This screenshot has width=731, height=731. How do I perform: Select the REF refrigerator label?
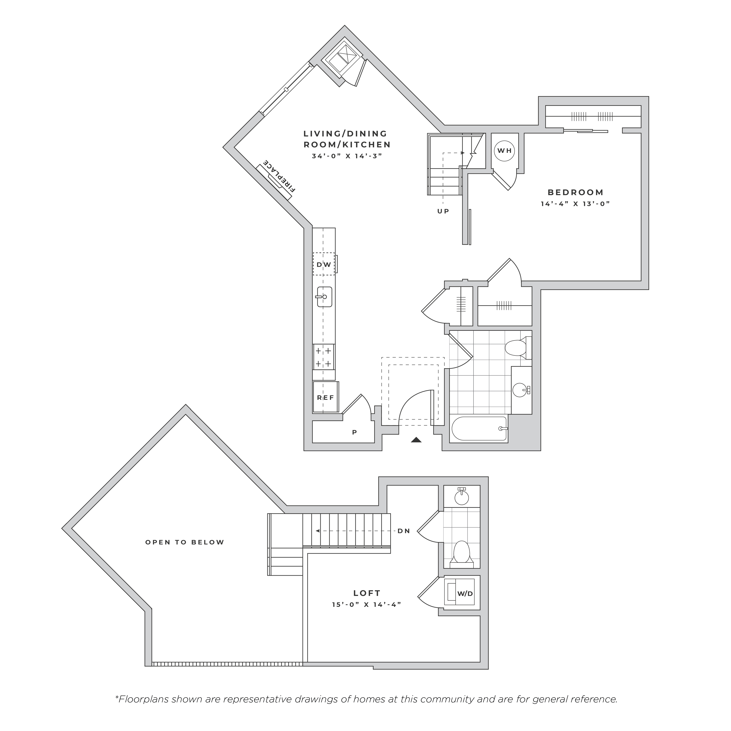pyautogui.click(x=325, y=398)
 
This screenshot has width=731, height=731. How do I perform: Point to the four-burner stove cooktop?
pyautogui.click(x=324, y=357)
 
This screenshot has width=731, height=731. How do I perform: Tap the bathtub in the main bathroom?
pyautogui.click(x=479, y=429)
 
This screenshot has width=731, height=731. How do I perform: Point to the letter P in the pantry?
pyautogui.click(x=355, y=432)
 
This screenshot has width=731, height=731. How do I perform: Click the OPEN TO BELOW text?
pyautogui.click(x=185, y=542)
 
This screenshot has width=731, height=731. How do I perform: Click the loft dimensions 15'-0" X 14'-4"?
pyautogui.click(x=366, y=604)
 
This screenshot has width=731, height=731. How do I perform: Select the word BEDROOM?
pyautogui.click(x=575, y=192)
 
